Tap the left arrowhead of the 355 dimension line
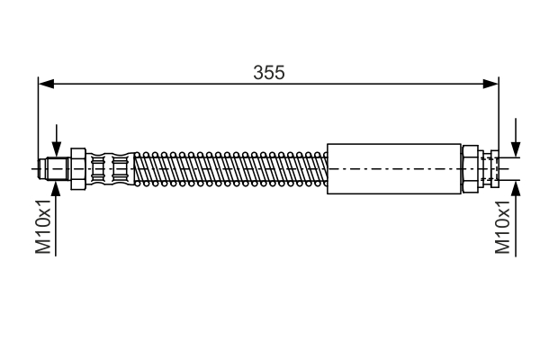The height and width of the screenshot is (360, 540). tap(45, 85)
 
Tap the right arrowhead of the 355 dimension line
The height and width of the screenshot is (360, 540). tap(491, 85)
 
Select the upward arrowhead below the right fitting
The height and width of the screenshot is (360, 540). tap(516, 186)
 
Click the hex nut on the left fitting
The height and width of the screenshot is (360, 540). tap(78, 168)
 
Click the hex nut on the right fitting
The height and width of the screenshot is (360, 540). tap(471, 168)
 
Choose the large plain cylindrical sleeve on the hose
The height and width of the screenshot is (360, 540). tap(392, 168)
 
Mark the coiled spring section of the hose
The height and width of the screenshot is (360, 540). tap(229, 168)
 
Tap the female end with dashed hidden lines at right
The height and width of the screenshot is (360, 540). tap(489, 168)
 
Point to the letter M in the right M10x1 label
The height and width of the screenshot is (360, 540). tap(503, 247)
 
